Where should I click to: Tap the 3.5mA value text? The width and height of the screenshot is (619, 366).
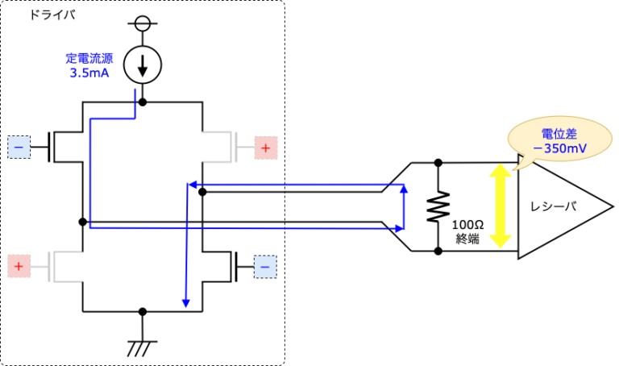click(88, 73)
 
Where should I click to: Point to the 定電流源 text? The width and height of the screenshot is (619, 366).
click(88, 58)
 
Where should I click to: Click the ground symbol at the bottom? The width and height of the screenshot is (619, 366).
click(143, 347)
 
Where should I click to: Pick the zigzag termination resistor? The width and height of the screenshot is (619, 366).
click(438, 207)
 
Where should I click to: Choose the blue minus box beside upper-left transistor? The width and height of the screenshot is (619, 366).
click(19, 147)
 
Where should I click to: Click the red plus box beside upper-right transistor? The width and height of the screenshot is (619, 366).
click(265, 147)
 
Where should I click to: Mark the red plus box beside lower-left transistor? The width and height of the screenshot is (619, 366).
click(19, 264)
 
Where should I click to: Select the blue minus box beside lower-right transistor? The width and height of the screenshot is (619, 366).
click(265, 264)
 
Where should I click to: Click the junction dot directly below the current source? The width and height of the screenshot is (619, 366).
click(143, 102)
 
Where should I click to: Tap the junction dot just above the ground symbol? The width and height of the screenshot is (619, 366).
click(143, 310)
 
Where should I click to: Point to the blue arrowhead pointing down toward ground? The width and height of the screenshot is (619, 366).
click(186, 303)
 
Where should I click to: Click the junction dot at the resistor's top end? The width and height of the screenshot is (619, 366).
click(438, 163)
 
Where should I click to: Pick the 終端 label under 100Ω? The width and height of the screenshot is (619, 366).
click(467, 239)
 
